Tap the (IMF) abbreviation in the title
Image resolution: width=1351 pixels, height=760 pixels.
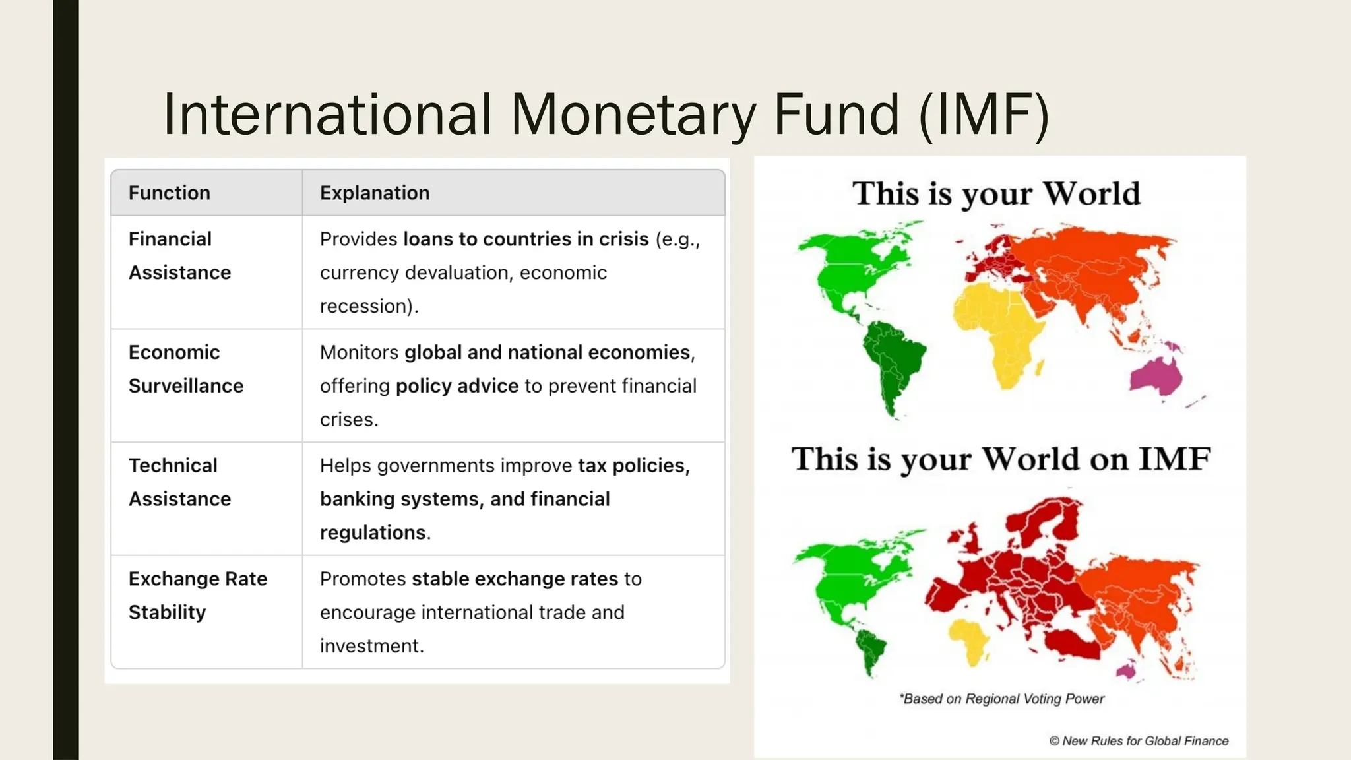983,115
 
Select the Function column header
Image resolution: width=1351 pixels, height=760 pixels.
170,193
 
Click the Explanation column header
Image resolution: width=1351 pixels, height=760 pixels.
375,193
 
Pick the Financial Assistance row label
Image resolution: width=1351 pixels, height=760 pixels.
179,256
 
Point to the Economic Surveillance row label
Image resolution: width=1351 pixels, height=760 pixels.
186,369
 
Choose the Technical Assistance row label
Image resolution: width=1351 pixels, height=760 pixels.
179,482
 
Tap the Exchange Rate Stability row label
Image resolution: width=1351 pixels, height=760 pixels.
198,595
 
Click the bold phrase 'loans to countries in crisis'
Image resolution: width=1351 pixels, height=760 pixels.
526,239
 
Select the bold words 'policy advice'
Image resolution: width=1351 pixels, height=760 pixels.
456,386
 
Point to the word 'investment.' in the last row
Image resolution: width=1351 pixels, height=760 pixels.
371,646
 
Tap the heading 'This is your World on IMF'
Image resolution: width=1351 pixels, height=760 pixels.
1001,459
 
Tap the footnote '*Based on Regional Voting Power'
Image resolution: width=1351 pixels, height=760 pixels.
1001,699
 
